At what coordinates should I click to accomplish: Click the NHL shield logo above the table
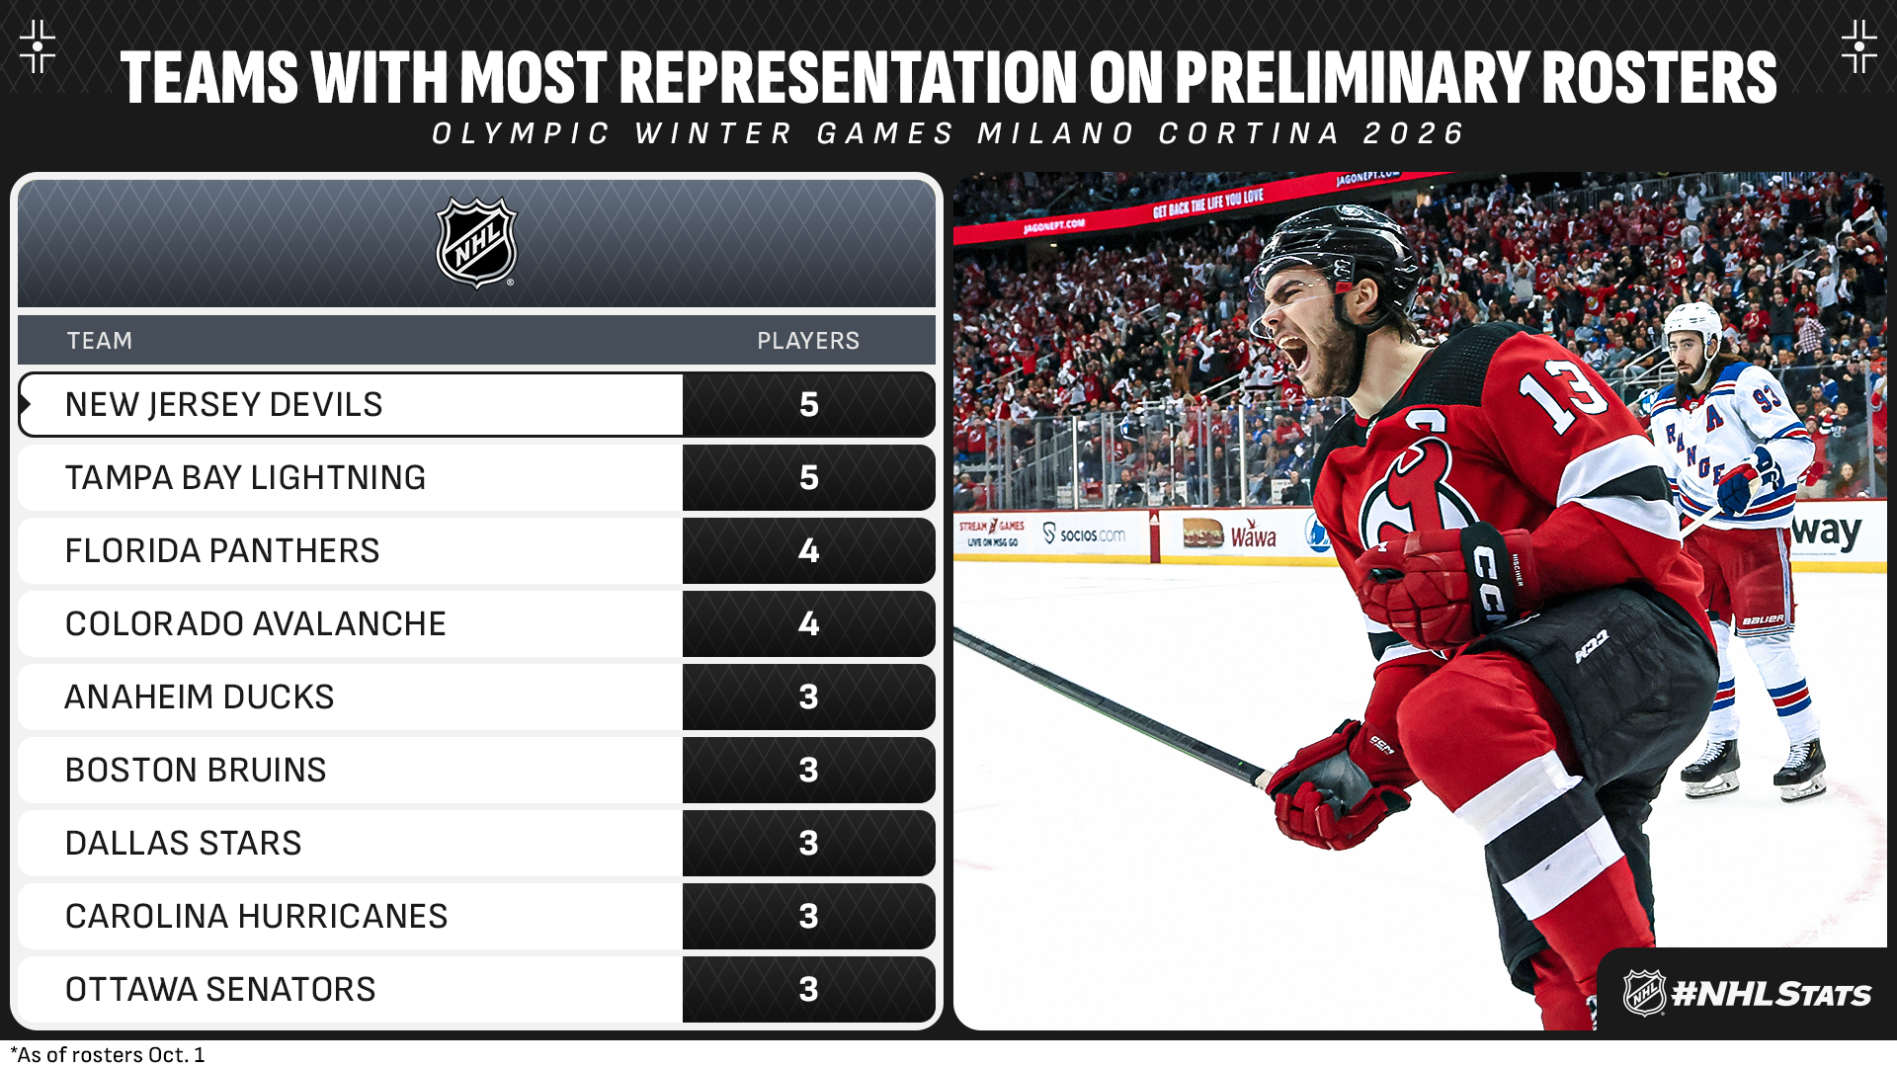coord(477,243)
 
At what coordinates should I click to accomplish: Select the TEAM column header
coord(99,341)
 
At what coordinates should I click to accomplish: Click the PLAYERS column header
coord(808,341)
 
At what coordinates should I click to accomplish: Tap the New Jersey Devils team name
coord(223,404)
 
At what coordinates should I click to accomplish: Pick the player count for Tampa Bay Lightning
coord(809,478)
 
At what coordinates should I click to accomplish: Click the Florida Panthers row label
coord(222,550)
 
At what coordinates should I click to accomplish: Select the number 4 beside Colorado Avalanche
coord(809,624)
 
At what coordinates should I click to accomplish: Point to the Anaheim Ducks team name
coord(200,697)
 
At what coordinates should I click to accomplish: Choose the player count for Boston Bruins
coord(809,771)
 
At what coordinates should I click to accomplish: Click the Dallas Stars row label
coord(183,843)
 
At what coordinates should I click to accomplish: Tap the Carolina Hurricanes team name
coord(256,916)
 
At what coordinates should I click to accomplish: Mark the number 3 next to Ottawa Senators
coord(809,990)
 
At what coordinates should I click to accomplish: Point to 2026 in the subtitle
coord(1414,133)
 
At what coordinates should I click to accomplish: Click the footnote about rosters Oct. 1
coord(108,1054)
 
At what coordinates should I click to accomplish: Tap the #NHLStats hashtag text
coord(1772,994)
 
